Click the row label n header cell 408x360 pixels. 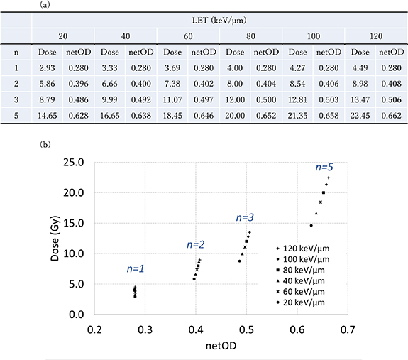click(16, 52)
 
